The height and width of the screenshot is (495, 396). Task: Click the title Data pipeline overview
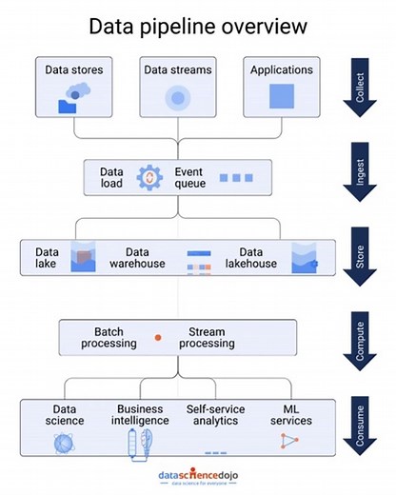coord(198,26)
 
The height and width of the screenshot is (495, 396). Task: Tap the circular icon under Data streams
coord(177,97)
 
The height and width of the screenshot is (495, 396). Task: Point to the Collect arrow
coord(363,89)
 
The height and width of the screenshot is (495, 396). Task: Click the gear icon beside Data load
coord(149,178)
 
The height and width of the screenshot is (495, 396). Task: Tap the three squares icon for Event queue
coord(236,178)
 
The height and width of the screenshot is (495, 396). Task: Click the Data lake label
coord(48,256)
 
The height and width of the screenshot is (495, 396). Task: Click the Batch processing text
coord(115,337)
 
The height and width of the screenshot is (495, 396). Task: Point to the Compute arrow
coord(363,339)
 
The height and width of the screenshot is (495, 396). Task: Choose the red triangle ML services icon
coord(289,441)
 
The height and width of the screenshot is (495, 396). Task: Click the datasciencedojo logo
coord(198,473)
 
